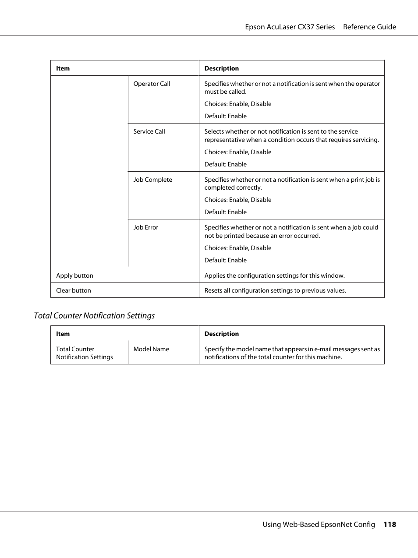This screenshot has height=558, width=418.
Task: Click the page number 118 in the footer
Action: click(390, 524)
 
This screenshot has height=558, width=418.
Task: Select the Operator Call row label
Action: click(152, 84)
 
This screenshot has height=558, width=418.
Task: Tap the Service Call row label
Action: click(149, 131)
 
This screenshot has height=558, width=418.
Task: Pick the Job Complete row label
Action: click(152, 180)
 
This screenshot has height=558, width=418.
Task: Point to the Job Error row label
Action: click(145, 227)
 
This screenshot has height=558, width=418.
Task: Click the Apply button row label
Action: click(74, 275)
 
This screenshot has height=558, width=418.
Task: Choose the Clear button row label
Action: click(73, 290)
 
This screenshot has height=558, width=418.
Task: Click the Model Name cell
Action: click(151, 349)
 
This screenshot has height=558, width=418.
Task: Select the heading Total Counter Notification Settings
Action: click(94, 315)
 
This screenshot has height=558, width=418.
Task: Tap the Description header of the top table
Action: click(221, 68)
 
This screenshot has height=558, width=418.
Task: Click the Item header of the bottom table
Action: click(63, 334)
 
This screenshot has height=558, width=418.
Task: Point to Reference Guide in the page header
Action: click(369, 27)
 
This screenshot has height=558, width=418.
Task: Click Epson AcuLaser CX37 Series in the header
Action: click(290, 27)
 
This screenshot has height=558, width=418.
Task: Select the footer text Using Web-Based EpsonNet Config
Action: click(319, 524)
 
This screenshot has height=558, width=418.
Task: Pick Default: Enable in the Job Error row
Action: click(225, 260)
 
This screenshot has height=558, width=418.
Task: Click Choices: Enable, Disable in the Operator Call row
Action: click(237, 104)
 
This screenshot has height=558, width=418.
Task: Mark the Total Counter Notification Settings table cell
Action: click(84, 353)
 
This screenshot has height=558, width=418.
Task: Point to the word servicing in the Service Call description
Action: click(365, 140)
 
